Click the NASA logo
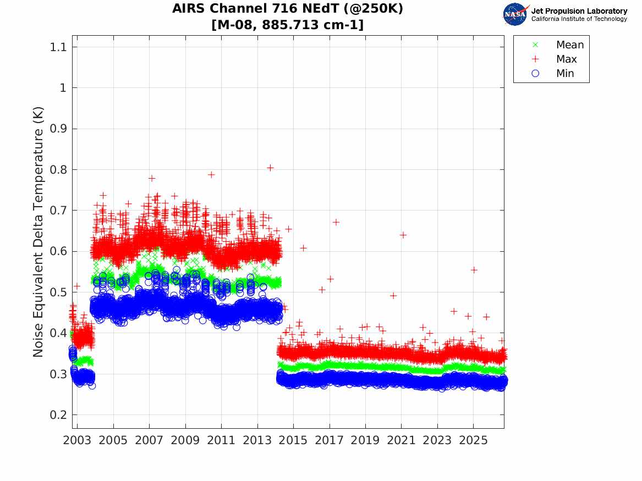point(515,14)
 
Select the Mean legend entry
point(558,45)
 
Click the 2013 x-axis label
point(257,440)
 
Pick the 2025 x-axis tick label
point(473,440)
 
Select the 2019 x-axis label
point(365,440)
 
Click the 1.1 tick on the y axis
point(58,47)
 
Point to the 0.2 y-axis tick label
point(58,414)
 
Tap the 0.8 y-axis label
point(58,169)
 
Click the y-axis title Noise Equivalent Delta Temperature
point(38,232)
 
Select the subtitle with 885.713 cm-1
point(287,25)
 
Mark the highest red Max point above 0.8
point(270,168)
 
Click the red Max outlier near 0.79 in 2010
point(211,175)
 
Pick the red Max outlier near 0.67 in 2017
point(336,222)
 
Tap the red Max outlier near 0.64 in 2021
point(403,235)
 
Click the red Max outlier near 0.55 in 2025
point(474,270)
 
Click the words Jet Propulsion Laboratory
point(579,11)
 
